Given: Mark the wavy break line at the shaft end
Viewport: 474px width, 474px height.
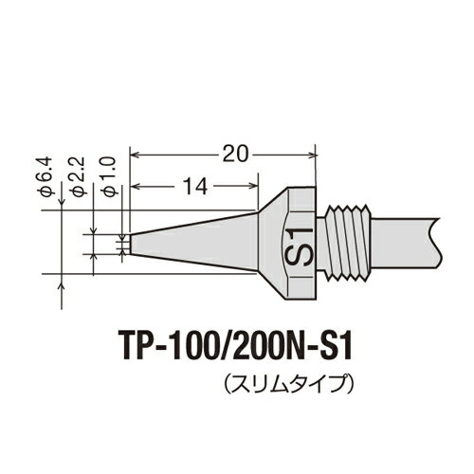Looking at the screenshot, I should (x=437, y=242).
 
